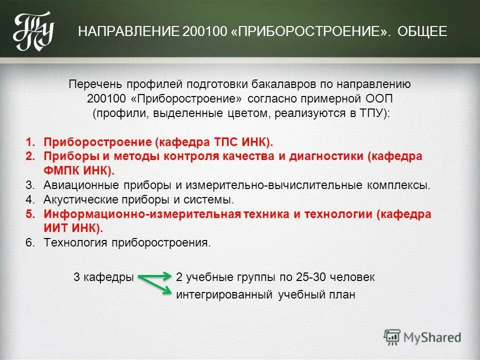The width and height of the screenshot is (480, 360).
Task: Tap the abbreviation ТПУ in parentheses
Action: click(371, 112)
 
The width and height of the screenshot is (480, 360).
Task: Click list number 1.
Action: click(30, 142)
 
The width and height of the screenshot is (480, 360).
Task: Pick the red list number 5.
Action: click(30, 214)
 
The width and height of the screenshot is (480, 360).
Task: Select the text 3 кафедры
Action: click(103, 276)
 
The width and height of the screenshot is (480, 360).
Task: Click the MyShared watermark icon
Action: click(392, 336)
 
